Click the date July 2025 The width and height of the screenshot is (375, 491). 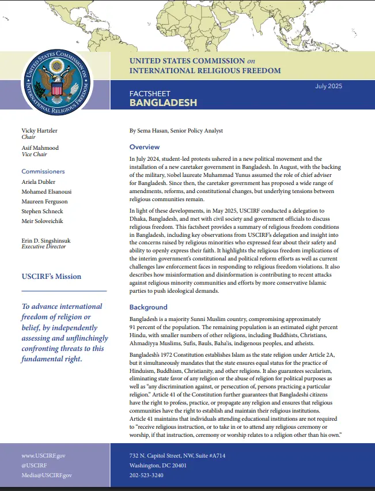328,86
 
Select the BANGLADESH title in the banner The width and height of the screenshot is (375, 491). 163,103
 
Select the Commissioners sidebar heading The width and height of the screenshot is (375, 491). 43,171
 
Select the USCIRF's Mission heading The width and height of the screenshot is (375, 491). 51,276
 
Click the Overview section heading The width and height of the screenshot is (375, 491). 145,147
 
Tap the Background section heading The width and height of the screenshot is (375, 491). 148,307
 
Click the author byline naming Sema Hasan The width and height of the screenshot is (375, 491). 176,131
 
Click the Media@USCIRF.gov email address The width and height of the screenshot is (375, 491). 47,475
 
